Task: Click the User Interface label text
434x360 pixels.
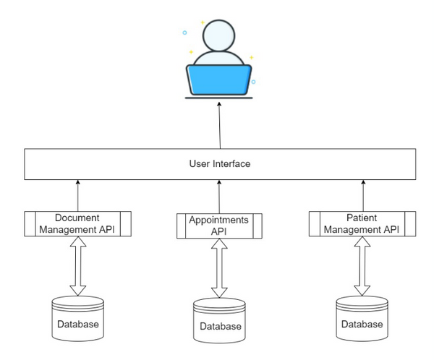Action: click(x=220, y=164)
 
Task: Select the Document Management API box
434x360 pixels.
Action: click(x=78, y=224)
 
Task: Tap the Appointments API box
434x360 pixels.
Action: click(x=219, y=226)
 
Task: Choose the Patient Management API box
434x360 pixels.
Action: click(x=362, y=224)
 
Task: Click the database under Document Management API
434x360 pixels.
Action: click(x=78, y=318)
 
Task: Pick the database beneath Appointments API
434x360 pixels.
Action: click(x=219, y=320)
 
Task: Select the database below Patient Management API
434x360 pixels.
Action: click(x=362, y=318)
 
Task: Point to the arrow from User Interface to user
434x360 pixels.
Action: click(x=220, y=125)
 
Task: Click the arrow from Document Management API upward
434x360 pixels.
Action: click(x=78, y=196)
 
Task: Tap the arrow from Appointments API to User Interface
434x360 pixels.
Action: click(x=219, y=197)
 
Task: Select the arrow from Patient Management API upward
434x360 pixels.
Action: click(x=363, y=196)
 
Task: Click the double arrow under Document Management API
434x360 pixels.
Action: click(x=78, y=266)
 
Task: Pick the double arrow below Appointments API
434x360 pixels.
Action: click(x=219, y=268)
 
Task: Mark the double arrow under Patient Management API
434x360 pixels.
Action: click(x=362, y=266)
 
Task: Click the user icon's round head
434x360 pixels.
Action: click(x=218, y=35)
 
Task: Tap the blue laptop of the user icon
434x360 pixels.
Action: click(x=219, y=80)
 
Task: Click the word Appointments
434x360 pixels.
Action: click(x=218, y=220)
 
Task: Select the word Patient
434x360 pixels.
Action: click(x=362, y=218)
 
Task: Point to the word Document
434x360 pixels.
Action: click(x=77, y=218)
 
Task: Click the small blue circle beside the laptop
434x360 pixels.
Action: click(x=253, y=82)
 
